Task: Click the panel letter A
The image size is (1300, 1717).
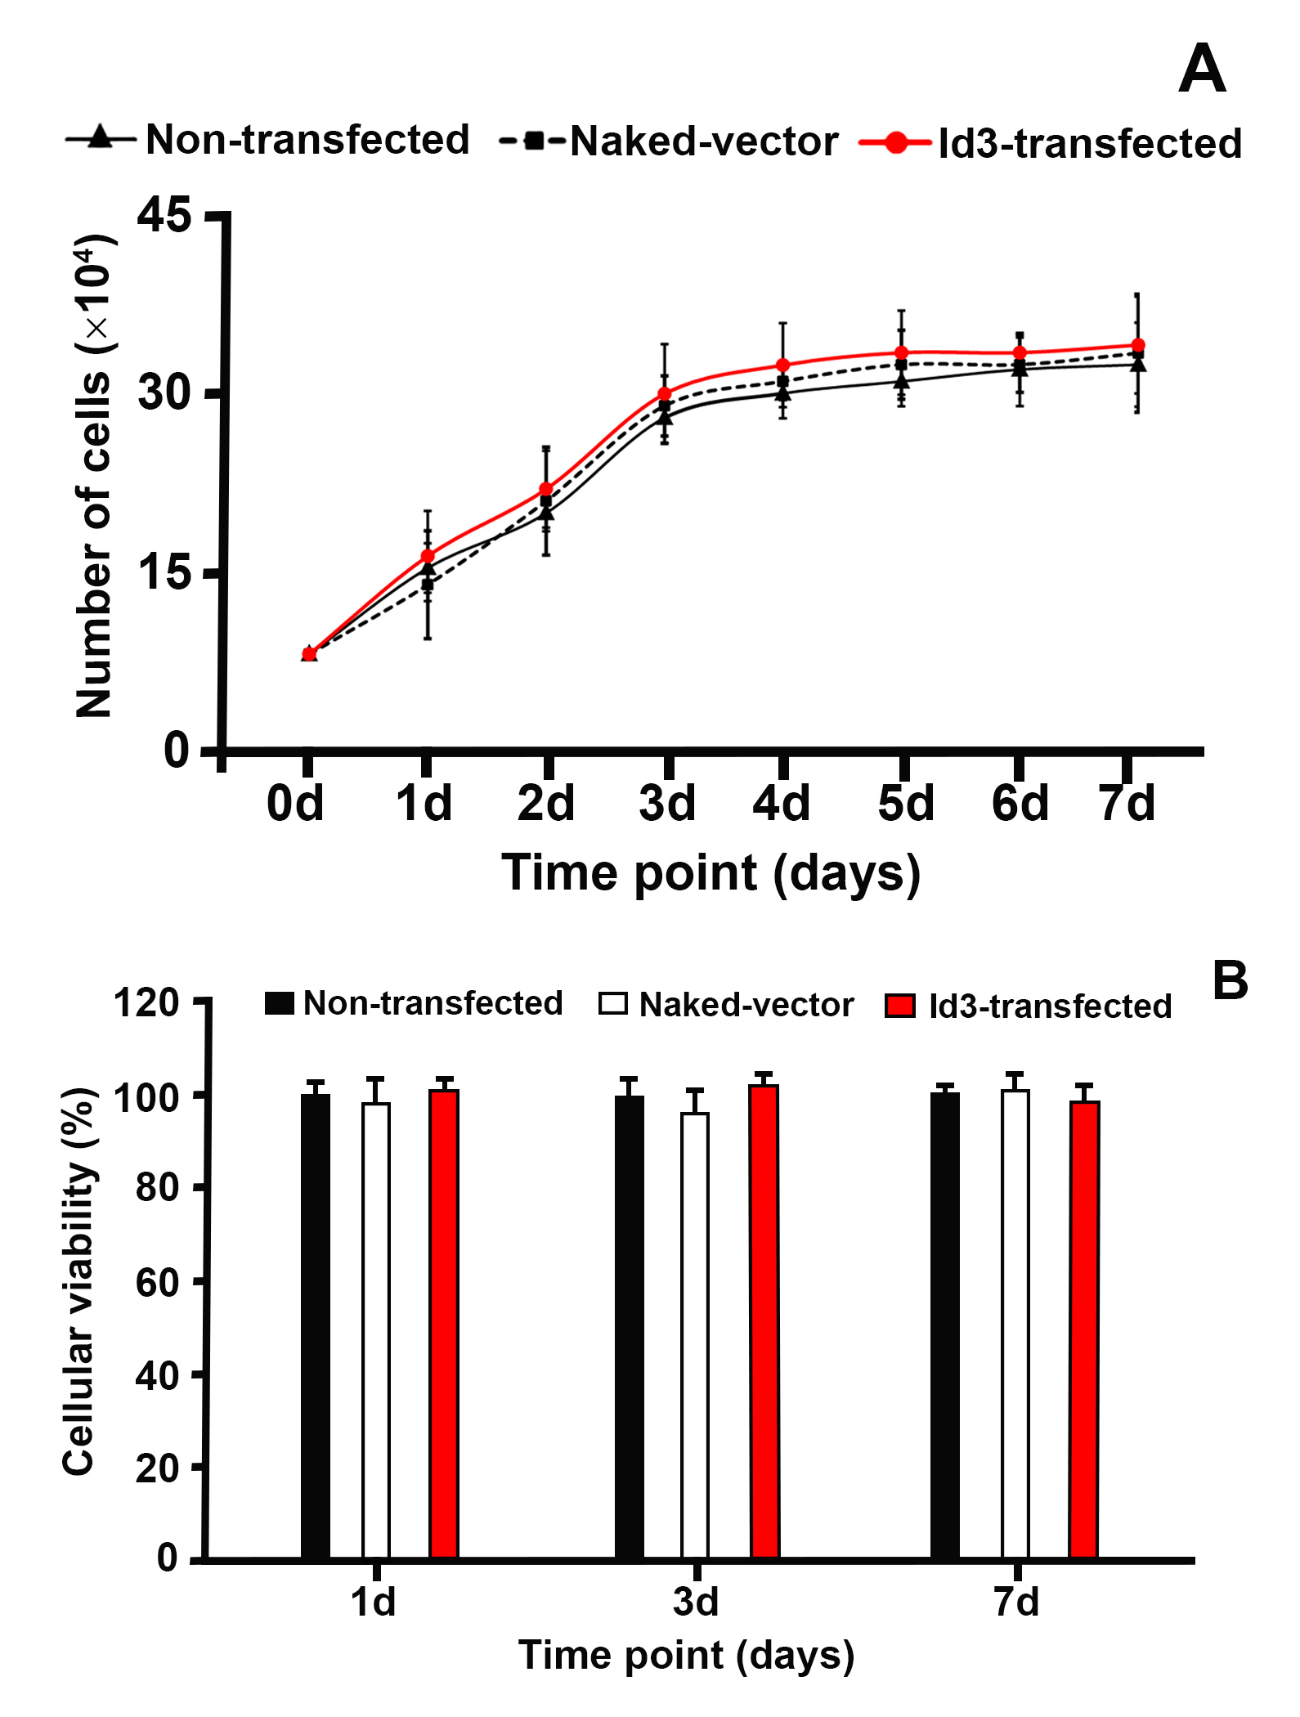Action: click(x=1201, y=69)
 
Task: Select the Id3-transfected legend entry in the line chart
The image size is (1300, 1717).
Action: click(x=1051, y=143)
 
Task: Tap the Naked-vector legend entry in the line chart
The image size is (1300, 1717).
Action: click(x=669, y=141)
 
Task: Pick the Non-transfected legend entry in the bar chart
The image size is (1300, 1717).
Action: click(x=415, y=1003)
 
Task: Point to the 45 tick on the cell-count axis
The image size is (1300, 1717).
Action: click(x=164, y=216)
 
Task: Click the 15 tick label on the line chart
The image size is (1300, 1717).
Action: click(x=164, y=573)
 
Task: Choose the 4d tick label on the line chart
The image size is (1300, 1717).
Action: click(x=782, y=804)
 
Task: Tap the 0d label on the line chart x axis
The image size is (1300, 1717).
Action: click(x=295, y=804)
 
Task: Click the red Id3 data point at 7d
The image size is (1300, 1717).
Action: click(x=1137, y=346)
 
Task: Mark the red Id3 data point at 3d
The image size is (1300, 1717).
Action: click(x=665, y=394)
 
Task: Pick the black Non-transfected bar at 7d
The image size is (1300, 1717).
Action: click(x=945, y=1325)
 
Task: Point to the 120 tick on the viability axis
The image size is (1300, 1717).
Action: click(x=146, y=1003)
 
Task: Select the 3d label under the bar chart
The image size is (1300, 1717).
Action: click(x=696, y=1602)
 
